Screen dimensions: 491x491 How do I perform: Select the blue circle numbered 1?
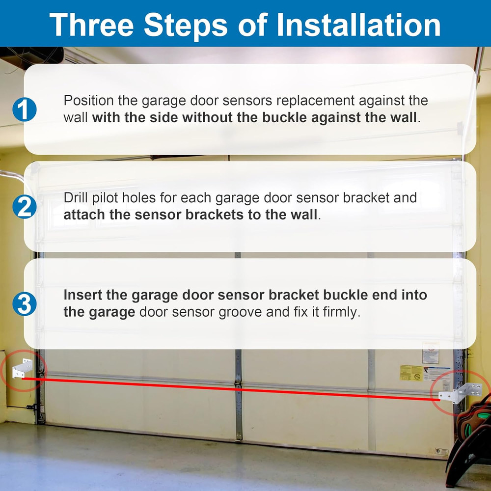pyautogui.click(x=24, y=109)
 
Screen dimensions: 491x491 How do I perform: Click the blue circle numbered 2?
pyautogui.click(x=24, y=207)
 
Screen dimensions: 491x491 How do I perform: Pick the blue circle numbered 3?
pyautogui.click(x=24, y=304)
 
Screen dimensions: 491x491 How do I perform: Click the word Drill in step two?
pyautogui.click(x=74, y=198)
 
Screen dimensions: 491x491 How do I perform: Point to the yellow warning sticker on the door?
pyautogui.click(x=411, y=373)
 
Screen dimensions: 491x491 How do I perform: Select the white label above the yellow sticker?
pyautogui.click(x=430, y=353)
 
